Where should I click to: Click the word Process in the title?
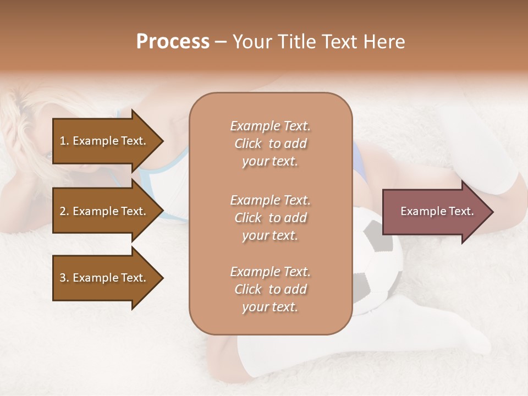click(x=173, y=42)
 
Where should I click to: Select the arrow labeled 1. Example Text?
click(x=105, y=141)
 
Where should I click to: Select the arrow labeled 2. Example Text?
click(x=105, y=211)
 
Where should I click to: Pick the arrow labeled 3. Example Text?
click(x=105, y=278)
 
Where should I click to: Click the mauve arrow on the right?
click(x=435, y=211)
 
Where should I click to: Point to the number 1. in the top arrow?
click(x=64, y=141)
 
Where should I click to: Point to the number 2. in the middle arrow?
click(x=64, y=211)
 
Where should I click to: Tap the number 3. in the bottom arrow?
click(x=64, y=278)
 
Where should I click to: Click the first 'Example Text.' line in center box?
click(x=270, y=126)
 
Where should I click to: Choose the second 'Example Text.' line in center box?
click(x=270, y=200)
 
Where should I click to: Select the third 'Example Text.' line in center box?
click(x=270, y=272)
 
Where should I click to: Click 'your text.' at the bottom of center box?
click(x=270, y=307)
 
